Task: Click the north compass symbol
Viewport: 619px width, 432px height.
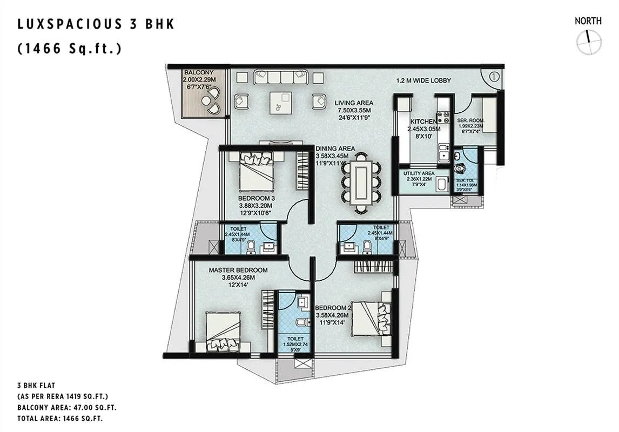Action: click(588, 42)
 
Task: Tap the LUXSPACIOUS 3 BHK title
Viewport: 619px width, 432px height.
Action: click(96, 24)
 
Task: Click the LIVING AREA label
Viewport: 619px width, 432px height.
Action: click(353, 103)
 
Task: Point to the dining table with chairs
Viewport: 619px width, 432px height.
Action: click(361, 183)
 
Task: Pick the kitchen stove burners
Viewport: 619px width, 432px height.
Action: click(443, 117)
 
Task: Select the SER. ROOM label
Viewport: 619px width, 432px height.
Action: click(470, 121)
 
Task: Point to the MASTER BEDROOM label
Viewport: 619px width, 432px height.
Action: click(238, 270)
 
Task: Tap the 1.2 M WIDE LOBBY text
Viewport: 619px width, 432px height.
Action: click(423, 81)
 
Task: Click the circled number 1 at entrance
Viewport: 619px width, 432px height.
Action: click(494, 77)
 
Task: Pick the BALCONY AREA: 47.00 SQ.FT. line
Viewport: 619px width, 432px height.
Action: click(67, 408)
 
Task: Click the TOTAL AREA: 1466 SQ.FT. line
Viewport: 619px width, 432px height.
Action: click(60, 418)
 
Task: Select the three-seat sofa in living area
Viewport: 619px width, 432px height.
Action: click(280, 77)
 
